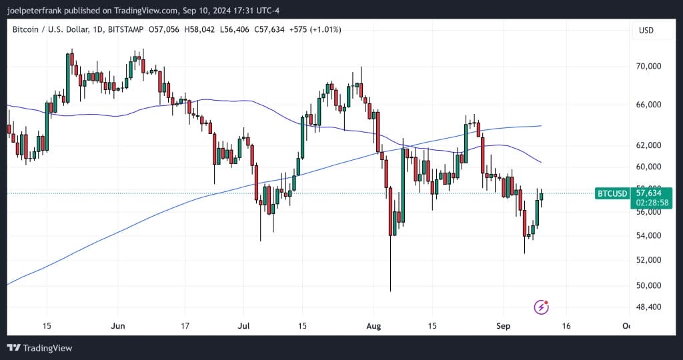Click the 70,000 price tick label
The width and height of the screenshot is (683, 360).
[x=650, y=67]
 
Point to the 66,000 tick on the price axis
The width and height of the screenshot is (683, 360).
[x=650, y=105]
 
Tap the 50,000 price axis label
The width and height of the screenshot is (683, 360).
[x=650, y=285]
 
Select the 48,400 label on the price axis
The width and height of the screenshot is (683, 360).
[x=650, y=307]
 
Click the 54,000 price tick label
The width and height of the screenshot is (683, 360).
[x=650, y=235]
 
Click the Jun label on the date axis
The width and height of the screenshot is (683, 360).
[x=117, y=326]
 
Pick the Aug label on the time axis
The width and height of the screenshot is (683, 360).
[x=374, y=326]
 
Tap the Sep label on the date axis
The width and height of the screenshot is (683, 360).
[x=504, y=326]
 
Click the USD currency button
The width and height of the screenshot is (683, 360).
[x=646, y=31]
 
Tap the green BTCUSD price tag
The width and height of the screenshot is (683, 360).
[x=612, y=193]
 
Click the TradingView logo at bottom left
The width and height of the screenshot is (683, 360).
[x=39, y=348]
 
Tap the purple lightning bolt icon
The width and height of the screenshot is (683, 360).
[x=542, y=307]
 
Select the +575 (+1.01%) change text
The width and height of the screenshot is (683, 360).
[x=317, y=30]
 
